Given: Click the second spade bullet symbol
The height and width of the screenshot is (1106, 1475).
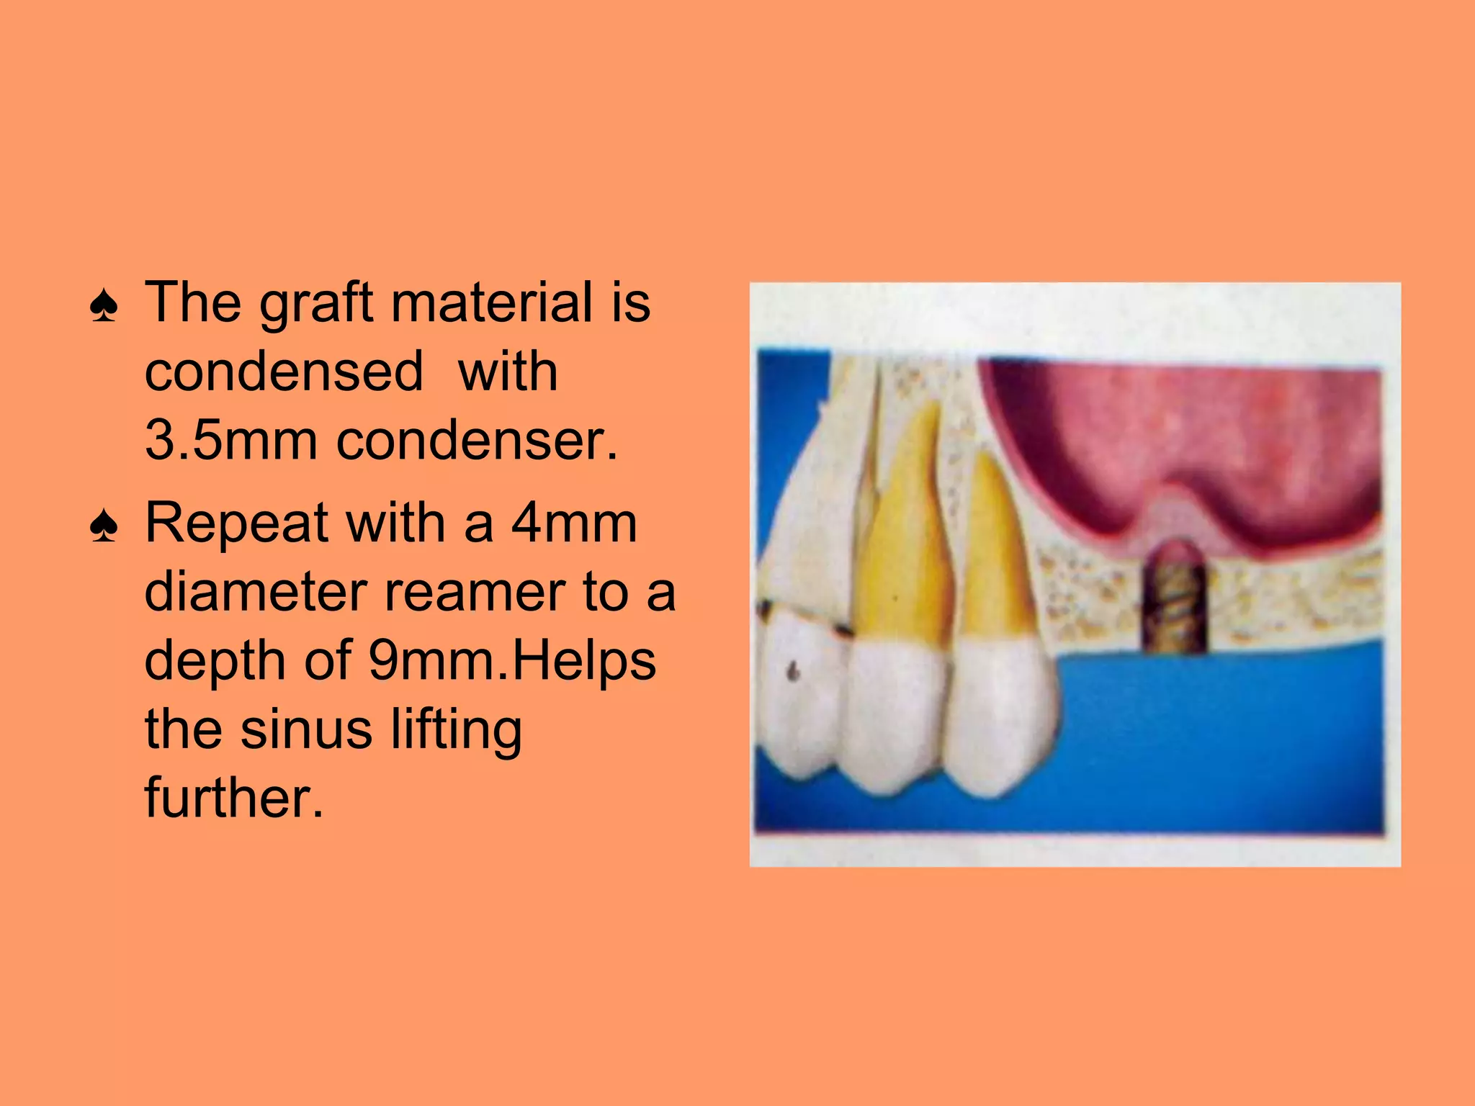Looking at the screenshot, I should click(104, 527).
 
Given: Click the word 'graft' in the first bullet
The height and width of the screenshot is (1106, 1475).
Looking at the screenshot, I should click(316, 302).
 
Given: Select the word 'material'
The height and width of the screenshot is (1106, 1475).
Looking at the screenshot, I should click(493, 302).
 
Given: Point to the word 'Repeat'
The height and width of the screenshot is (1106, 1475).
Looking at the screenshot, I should click(237, 523).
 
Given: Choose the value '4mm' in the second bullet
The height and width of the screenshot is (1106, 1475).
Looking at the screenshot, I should click(574, 523).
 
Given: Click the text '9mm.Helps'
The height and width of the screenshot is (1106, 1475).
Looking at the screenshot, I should click(512, 661).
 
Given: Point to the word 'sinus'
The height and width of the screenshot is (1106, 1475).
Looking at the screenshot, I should click(306, 729).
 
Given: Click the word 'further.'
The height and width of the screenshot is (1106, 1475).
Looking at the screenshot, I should click(234, 797).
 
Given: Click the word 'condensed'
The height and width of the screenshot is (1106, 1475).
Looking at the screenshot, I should click(284, 372).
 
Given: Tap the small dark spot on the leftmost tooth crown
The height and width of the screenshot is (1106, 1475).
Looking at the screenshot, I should click(794, 672).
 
